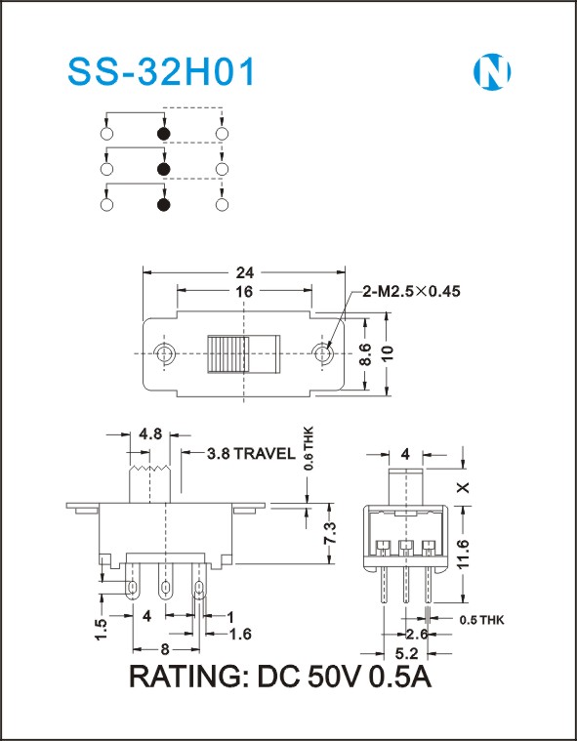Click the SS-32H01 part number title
pyautogui.click(x=161, y=72)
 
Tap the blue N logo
pyautogui.click(x=492, y=72)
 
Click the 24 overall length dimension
pyautogui.click(x=245, y=272)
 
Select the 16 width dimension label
pyautogui.click(x=244, y=292)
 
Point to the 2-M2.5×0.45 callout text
pyautogui.click(x=411, y=291)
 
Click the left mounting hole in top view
pyautogui.click(x=164, y=353)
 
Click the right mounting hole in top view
pyautogui.click(x=323, y=353)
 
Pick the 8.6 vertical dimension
pyautogui.click(x=365, y=354)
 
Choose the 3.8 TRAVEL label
pyautogui.click(x=251, y=454)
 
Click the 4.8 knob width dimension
pyautogui.click(x=150, y=433)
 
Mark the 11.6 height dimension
pyautogui.click(x=465, y=555)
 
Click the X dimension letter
pyautogui.click(x=465, y=487)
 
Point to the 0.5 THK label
pyautogui.click(x=482, y=620)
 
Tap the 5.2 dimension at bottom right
pyautogui.click(x=406, y=654)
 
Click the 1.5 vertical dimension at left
pyautogui.click(x=102, y=629)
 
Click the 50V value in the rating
pyautogui.click(x=335, y=678)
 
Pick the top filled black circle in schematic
pyautogui.click(x=163, y=134)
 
